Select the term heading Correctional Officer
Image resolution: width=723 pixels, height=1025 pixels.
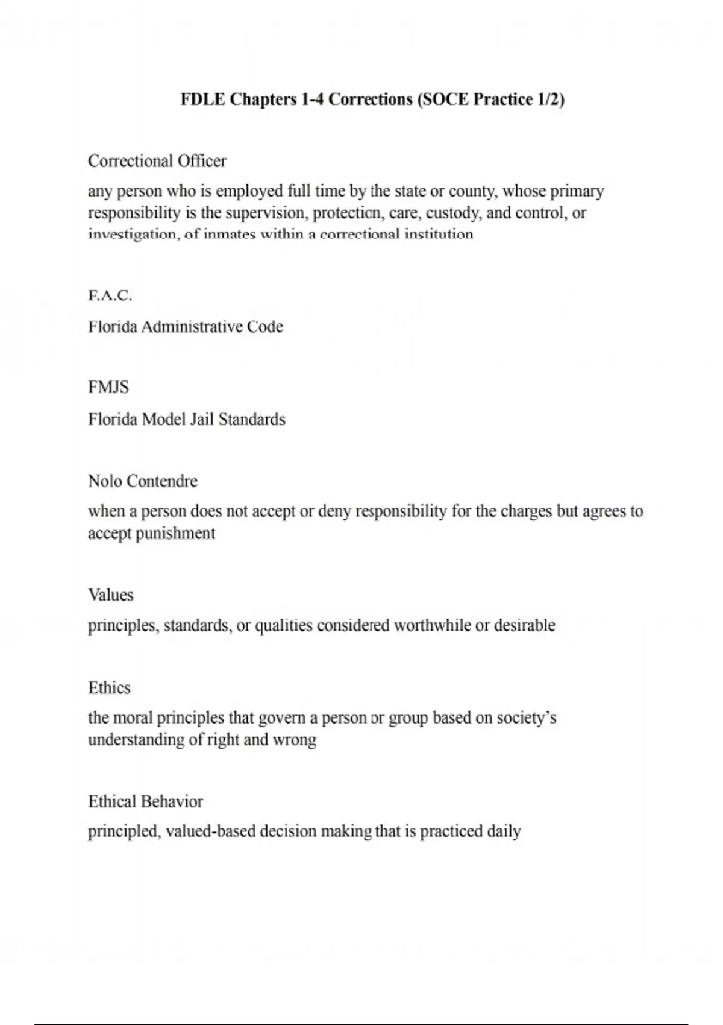[157, 161]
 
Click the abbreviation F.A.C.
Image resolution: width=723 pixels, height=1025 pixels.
[110, 295]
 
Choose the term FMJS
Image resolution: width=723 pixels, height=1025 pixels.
[108, 387]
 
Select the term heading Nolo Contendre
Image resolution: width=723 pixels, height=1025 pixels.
[143, 481]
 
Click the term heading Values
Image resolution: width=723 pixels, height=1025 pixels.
[111, 595]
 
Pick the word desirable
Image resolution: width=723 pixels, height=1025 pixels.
[524, 625]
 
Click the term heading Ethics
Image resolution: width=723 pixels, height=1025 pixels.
[109, 688]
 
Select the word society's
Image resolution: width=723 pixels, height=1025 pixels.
[526, 718]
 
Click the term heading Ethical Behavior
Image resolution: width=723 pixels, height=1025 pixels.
[145, 802]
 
